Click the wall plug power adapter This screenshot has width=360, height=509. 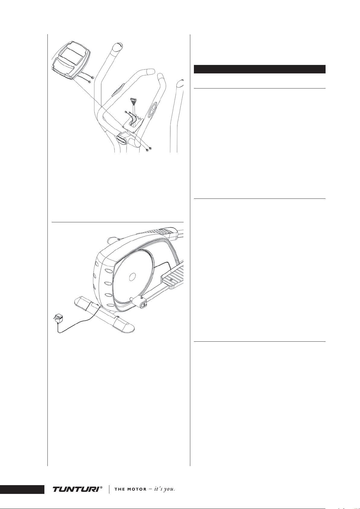[58, 317]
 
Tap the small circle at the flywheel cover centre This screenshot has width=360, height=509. [132, 276]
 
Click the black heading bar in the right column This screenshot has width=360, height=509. [260, 69]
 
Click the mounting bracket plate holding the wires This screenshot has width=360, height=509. [133, 125]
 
